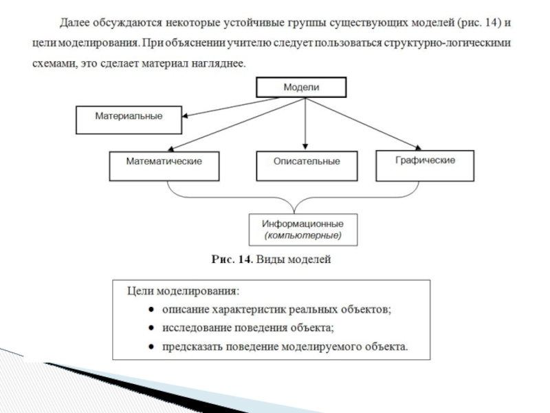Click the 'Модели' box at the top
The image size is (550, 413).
click(302, 87)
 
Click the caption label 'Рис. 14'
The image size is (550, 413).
click(232, 260)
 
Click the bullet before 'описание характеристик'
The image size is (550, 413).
click(149, 310)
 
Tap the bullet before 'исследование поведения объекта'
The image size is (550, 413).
click(149, 328)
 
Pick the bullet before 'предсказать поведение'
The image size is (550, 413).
click(149, 346)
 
